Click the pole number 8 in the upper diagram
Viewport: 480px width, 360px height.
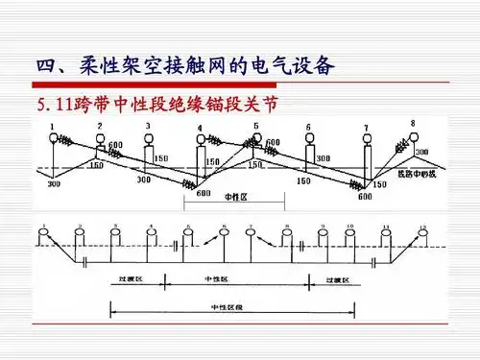[413, 123]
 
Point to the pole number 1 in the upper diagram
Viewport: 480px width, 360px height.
[51, 126]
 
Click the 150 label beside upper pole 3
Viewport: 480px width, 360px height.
[161, 158]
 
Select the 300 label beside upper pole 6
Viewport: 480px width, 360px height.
[323, 158]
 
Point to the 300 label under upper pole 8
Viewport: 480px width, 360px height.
[421, 153]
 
